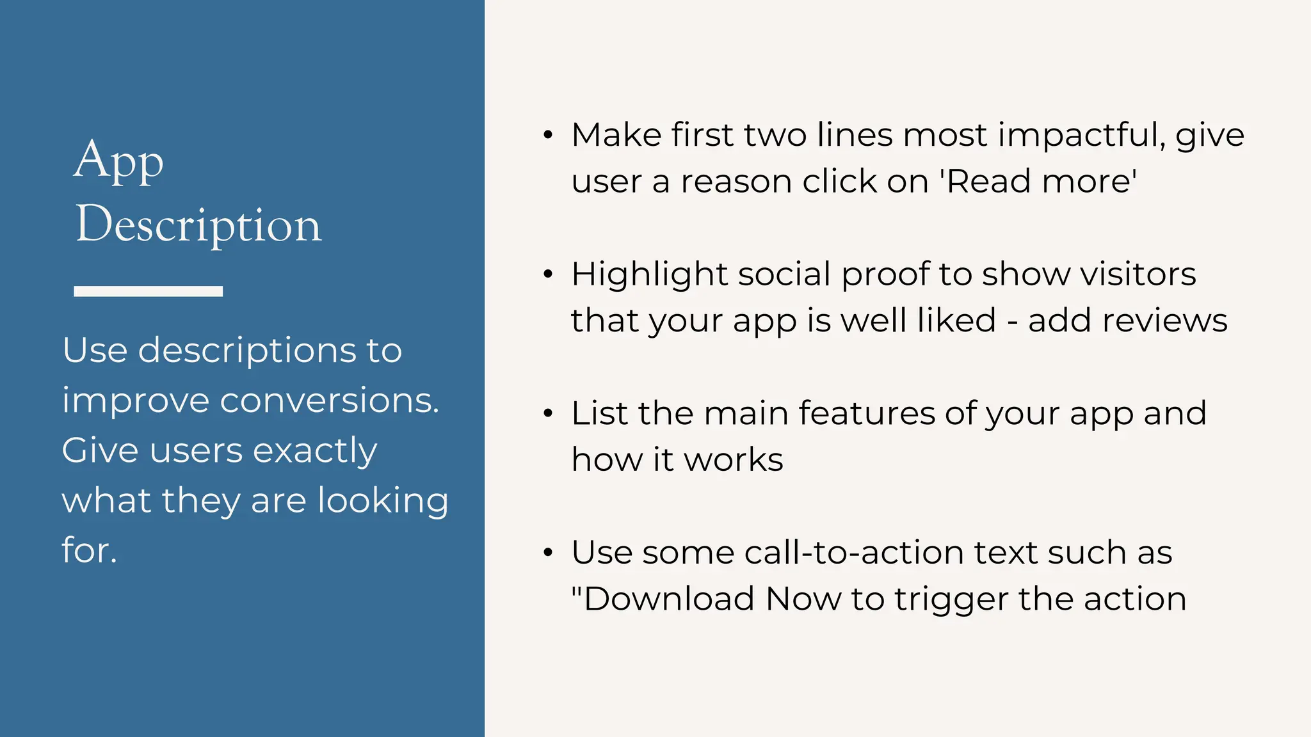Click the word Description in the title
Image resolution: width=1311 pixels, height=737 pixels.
[198, 225]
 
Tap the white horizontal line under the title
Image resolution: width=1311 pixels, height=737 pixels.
[148, 291]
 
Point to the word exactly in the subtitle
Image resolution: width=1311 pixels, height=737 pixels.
[315, 451]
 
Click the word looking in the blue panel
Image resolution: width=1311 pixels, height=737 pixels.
[383, 501]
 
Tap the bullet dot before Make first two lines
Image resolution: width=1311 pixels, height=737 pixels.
[547, 135]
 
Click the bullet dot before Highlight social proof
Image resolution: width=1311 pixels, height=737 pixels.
[547, 274]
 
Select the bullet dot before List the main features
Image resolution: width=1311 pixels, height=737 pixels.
[547, 413]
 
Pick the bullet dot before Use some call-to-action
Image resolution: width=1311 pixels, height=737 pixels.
[547, 553]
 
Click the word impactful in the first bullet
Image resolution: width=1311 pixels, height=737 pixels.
[1081, 136]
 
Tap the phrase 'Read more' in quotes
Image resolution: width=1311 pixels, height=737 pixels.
[1038, 182]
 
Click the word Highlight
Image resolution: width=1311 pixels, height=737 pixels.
[650, 275]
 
